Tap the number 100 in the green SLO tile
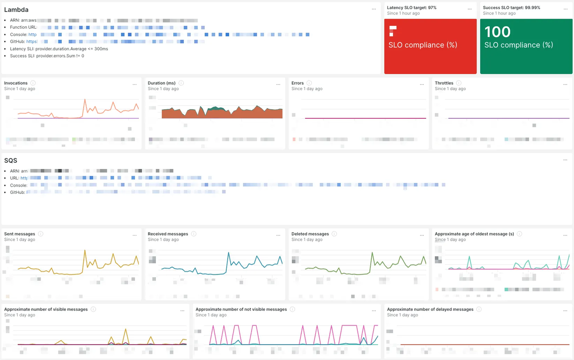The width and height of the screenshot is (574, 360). click(497, 32)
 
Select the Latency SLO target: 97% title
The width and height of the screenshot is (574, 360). click(411, 8)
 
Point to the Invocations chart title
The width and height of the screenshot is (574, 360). click(16, 83)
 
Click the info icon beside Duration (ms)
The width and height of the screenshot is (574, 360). click(181, 83)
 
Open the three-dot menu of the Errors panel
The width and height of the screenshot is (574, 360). click(422, 84)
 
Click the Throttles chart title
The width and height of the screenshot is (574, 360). click(444, 83)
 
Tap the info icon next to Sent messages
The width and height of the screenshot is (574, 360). click(41, 234)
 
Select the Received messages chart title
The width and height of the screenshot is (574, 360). click(168, 234)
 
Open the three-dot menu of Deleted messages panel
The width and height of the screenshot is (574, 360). click(422, 235)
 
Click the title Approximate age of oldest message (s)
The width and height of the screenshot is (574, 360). click(474, 234)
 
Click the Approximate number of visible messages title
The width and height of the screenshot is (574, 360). click(46, 309)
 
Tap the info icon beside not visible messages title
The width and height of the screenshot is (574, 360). click(292, 309)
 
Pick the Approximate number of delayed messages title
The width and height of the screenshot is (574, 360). click(430, 309)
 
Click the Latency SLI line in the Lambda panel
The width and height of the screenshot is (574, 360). click(59, 49)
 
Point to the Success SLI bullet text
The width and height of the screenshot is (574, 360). click(47, 56)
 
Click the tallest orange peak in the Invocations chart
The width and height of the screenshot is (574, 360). click(85, 100)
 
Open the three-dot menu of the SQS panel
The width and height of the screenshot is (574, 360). click(565, 160)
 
